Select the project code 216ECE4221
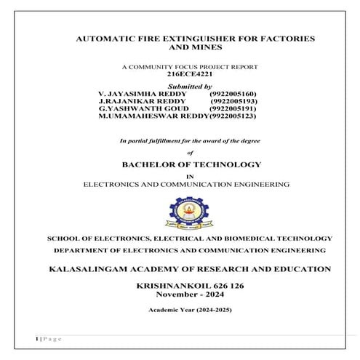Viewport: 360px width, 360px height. pos(190,73)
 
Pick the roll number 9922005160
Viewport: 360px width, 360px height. pos(232,94)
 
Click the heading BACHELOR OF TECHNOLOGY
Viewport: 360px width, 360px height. pos(190,164)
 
